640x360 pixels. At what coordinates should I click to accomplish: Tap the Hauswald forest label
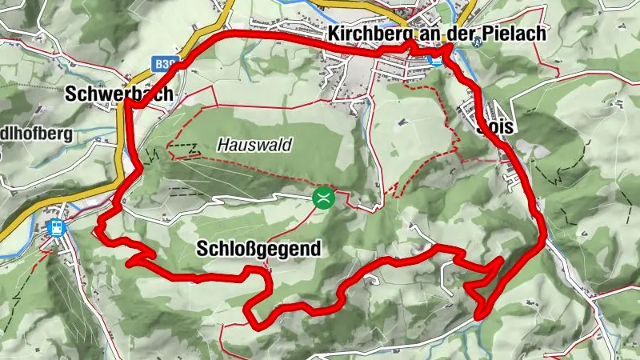click(x=254, y=146)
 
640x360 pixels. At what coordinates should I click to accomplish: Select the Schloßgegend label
click(x=258, y=249)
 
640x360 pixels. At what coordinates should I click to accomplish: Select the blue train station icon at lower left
click(x=57, y=227)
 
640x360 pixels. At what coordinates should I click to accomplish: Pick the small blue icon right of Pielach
click(x=478, y=43)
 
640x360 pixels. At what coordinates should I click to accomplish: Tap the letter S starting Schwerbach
click(x=70, y=93)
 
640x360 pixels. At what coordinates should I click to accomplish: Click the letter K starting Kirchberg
click(x=333, y=34)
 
